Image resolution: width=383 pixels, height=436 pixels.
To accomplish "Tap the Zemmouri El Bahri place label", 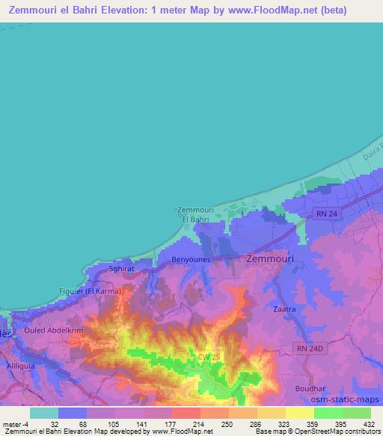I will click(194, 215).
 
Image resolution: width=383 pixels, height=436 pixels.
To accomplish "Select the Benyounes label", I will click(193, 260).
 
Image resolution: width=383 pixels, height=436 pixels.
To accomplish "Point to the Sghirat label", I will click(123, 267).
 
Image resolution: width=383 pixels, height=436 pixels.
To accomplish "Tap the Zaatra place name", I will click(286, 308).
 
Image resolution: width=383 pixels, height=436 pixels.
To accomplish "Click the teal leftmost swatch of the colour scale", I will click(44, 413).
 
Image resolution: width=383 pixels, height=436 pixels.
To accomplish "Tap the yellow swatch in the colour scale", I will click(299, 413).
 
